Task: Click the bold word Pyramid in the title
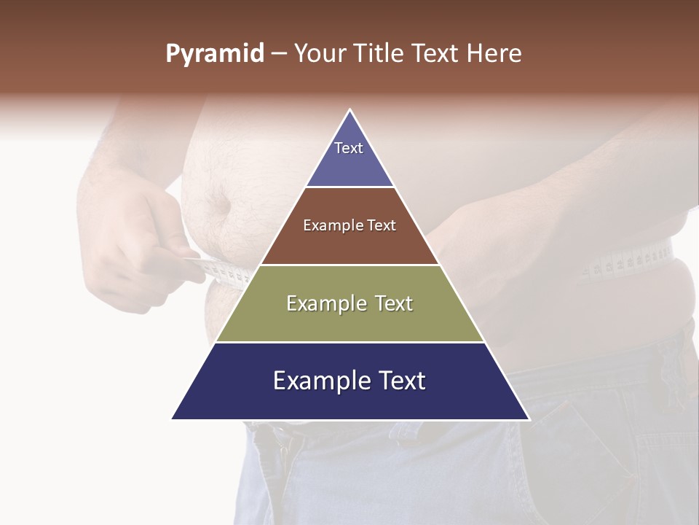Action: (x=215, y=54)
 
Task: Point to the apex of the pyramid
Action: (x=350, y=110)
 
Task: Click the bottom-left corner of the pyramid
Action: (x=173, y=419)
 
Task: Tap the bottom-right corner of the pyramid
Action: (x=529, y=419)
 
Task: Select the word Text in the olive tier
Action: (x=390, y=304)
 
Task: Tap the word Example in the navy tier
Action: (x=317, y=381)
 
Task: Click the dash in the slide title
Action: (x=279, y=54)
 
